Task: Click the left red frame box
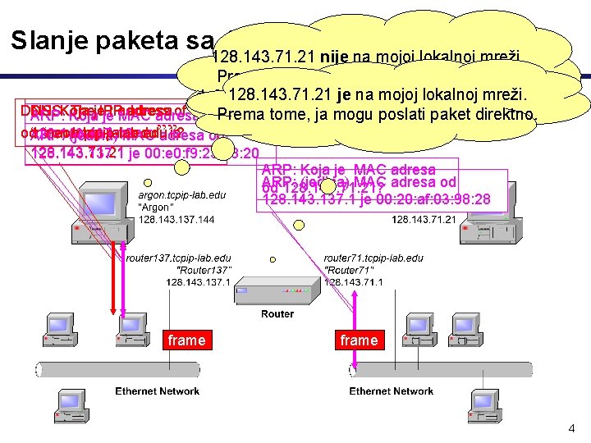pyautogui.click(x=186, y=340)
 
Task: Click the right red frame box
pyautogui.click(x=359, y=340)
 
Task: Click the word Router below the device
pyautogui.click(x=277, y=314)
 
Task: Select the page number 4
pyautogui.click(x=571, y=428)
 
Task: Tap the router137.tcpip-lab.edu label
pyautogui.click(x=178, y=258)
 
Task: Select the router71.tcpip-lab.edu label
pyautogui.click(x=374, y=258)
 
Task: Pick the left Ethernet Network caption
pyautogui.click(x=157, y=391)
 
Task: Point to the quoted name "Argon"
pyautogui.click(x=155, y=208)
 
